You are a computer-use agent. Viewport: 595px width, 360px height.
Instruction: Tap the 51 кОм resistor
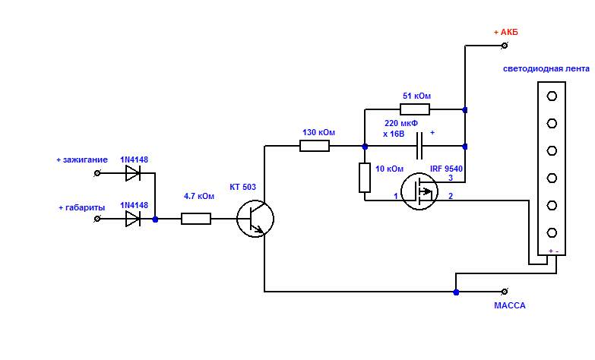click(x=414, y=109)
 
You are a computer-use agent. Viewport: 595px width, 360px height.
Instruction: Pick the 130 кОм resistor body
click(x=315, y=146)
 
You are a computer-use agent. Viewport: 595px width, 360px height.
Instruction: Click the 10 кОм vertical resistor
click(x=365, y=178)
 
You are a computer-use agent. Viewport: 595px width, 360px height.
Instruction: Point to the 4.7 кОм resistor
click(x=196, y=219)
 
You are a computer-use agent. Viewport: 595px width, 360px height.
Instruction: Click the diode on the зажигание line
click(x=133, y=173)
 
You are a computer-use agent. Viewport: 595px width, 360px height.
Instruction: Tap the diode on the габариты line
click(x=133, y=219)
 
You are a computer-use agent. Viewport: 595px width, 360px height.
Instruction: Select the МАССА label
click(x=509, y=306)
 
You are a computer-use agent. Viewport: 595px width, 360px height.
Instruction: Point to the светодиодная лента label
click(x=546, y=68)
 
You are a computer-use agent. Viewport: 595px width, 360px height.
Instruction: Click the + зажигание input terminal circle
click(x=97, y=173)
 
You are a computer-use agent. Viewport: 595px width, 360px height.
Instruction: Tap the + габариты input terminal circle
click(x=97, y=219)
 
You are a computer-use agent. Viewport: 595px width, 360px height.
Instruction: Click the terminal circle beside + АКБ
click(x=504, y=46)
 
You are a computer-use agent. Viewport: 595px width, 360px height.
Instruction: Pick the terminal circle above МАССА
click(x=504, y=291)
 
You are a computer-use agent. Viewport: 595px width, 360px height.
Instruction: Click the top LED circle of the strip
click(x=552, y=96)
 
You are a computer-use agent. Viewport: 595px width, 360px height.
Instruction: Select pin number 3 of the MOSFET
click(x=451, y=178)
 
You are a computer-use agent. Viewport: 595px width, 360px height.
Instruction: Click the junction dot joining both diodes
click(x=156, y=219)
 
